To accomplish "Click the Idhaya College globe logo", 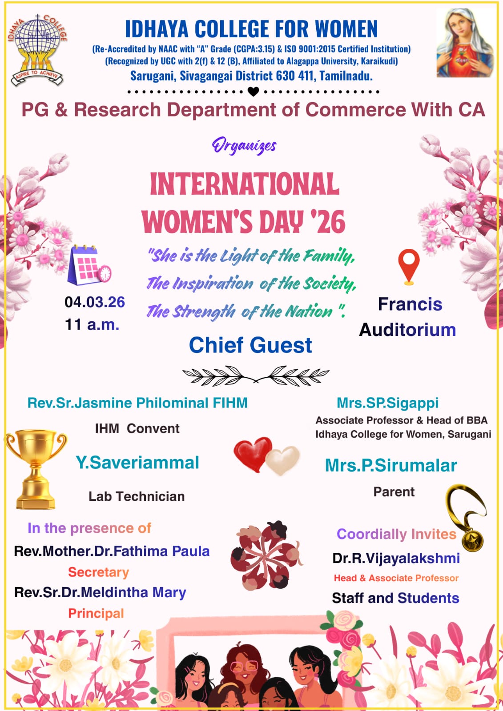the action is click(x=37, y=50).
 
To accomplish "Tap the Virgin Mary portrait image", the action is click(x=465, y=43).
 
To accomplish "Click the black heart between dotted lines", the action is click(x=253, y=92).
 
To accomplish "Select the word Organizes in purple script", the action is click(x=244, y=146).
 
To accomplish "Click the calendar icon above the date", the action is click(x=89, y=265).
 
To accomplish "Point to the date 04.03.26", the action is click(x=95, y=302).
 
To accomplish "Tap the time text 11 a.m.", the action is click(x=92, y=325).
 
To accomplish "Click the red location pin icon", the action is click(x=409, y=267).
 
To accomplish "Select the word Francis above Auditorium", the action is click(x=410, y=304).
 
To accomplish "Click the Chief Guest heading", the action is click(x=250, y=345).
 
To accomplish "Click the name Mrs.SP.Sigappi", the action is click(x=388, y=403).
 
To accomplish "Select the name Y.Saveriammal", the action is click(x=137, y=462).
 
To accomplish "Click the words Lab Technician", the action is click(x=137, y=496).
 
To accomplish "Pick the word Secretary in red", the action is click(x=98, y=572).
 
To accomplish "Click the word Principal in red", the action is click(x=96, y=614).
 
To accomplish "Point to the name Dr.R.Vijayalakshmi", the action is click(x=396, y=558).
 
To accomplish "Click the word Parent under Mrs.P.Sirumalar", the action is click(x=394, y=491).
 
